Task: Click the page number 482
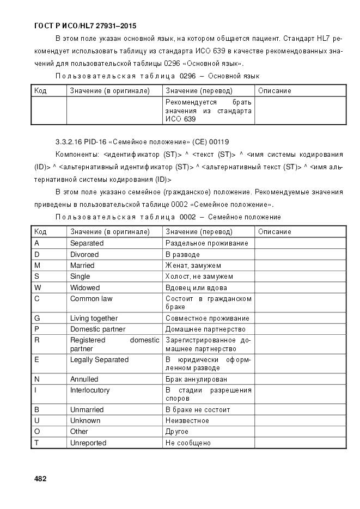point(40,479)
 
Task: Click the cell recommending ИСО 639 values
point(208,111)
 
